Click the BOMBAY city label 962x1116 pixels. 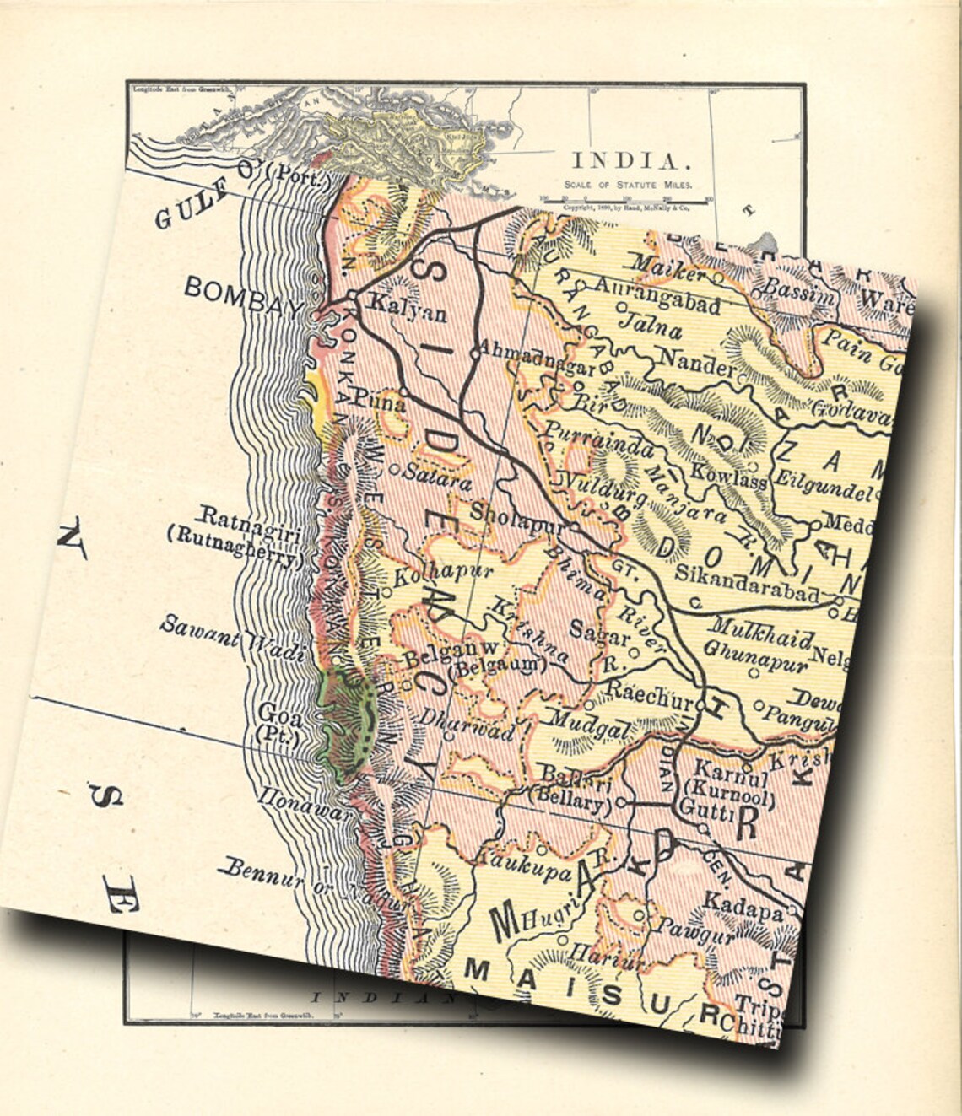[x=243, y=294]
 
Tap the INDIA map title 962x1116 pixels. [x=624, y=161]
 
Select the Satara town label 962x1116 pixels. [x=437, y=478]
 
